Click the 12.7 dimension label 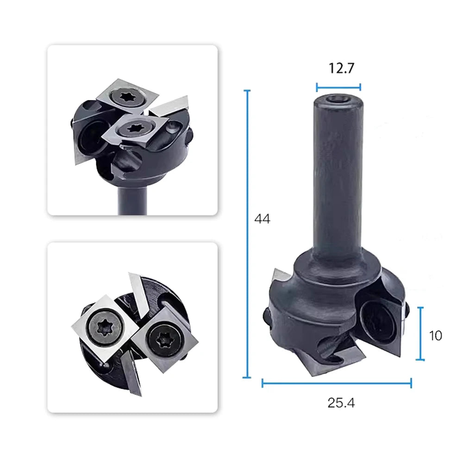[341, 68]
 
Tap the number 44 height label [262, 219]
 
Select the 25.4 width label [341, 403]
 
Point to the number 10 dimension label [435, 336]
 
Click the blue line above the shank [338, 87]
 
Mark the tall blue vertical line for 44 [247, 233]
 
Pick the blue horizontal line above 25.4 [337, 383]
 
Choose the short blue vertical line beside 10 [420, 333]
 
